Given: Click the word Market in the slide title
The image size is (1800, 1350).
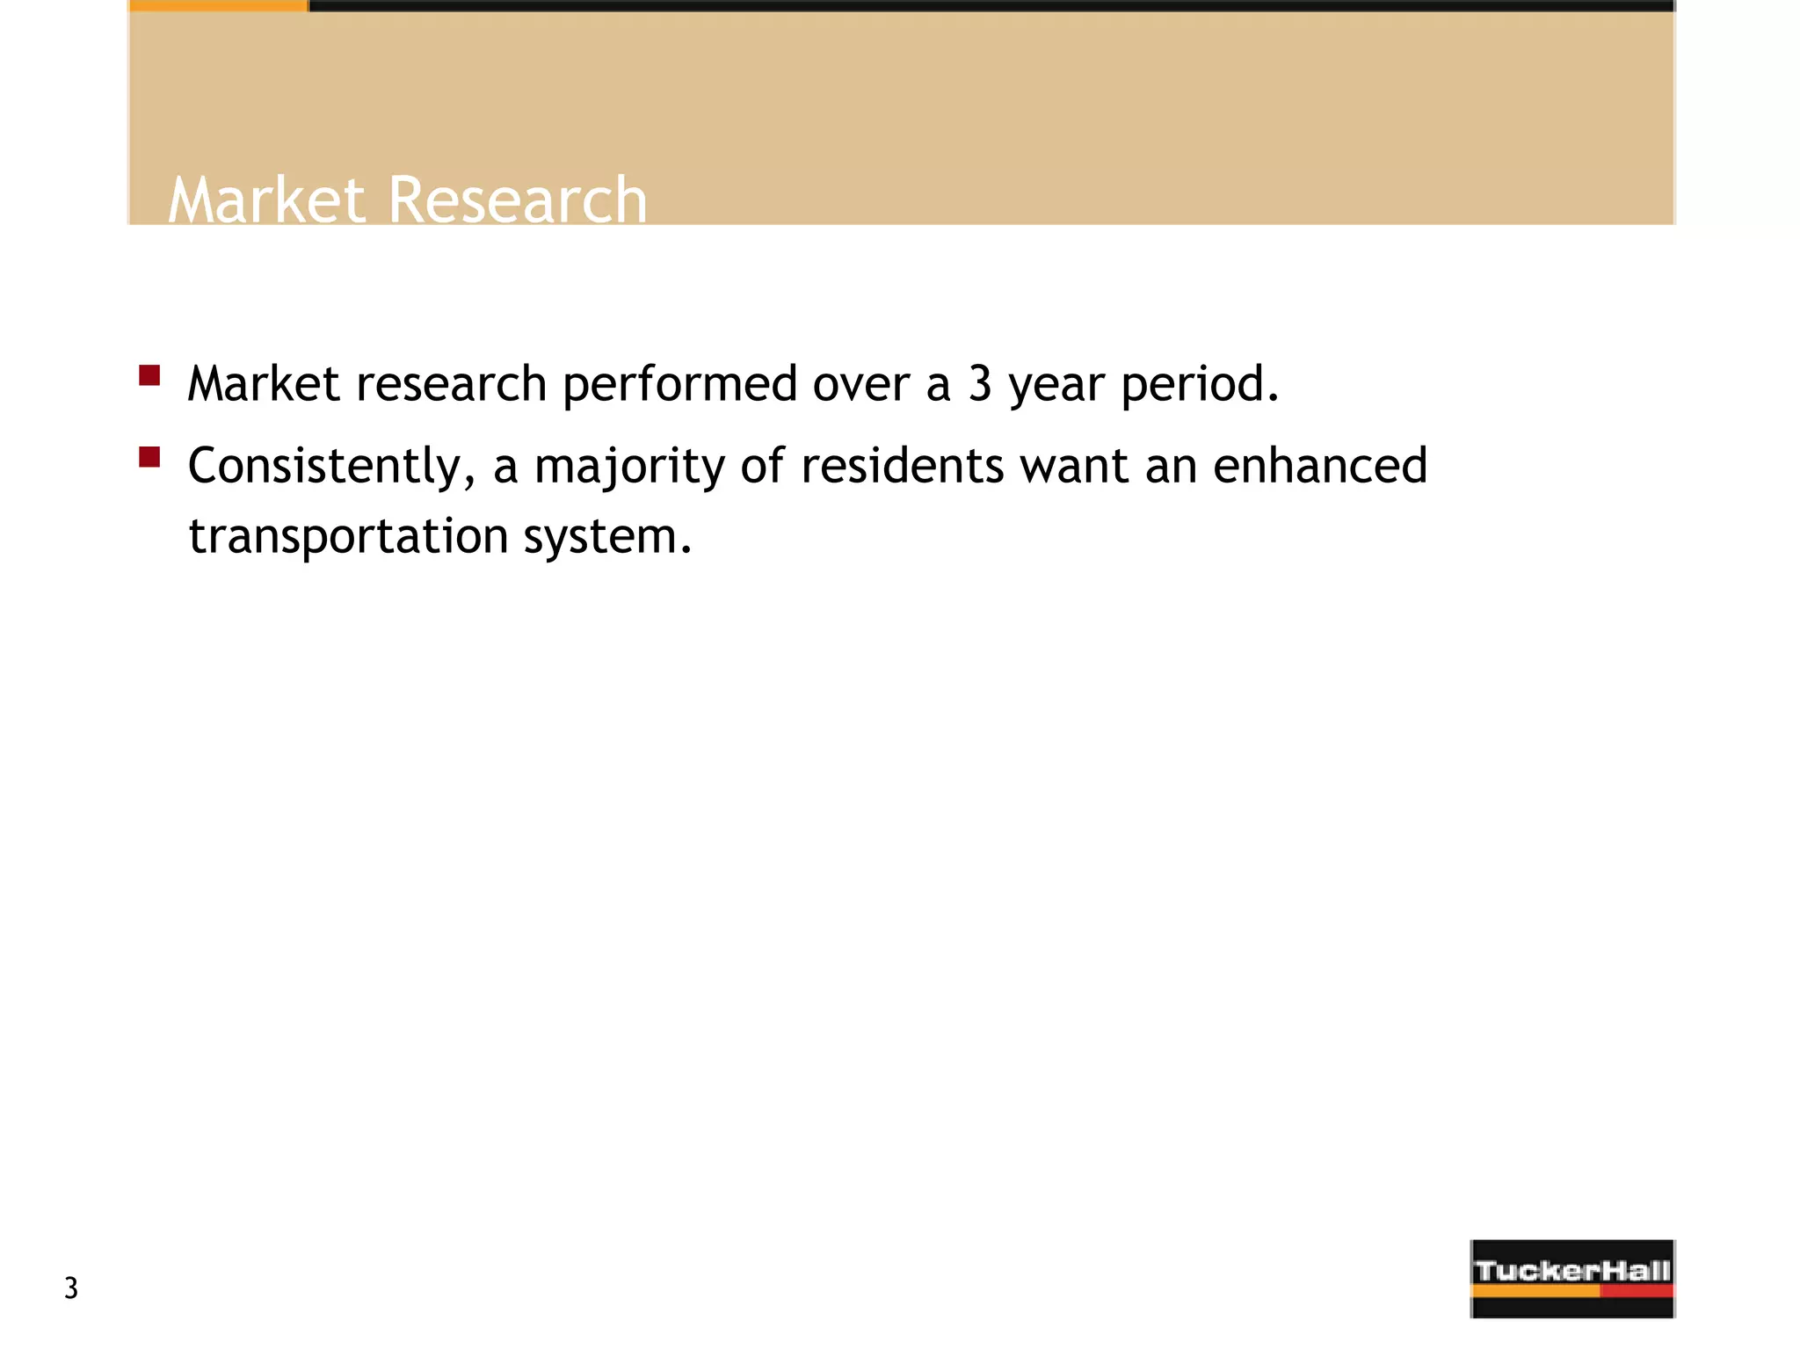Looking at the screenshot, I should [265, 200].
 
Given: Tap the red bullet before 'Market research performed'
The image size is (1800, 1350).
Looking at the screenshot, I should [149, 376].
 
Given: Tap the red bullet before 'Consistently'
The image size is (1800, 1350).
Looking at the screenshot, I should [149, 457].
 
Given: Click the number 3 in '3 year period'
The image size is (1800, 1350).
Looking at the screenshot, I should [980, 385].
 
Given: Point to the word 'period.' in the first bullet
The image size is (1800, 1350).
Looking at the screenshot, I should [1201, 385].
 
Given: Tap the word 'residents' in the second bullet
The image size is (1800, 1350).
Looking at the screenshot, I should [902, 466].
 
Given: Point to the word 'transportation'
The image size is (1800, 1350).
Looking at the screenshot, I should [348, 536].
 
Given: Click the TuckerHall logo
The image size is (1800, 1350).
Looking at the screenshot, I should [1572, 1278].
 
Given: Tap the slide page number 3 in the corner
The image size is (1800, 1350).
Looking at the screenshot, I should [71, 1288].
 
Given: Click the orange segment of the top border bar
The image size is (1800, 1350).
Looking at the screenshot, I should [218, 5].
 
